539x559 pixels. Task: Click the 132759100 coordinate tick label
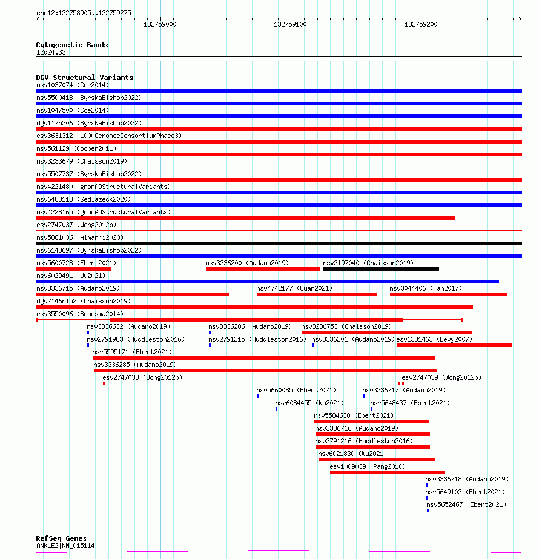290,25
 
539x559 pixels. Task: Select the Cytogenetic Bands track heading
71,45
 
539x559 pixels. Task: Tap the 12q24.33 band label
51,52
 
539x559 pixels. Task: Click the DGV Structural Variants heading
84,78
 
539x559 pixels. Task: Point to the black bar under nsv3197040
381,269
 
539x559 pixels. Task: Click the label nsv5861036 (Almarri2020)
80,237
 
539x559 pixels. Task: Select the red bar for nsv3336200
263,269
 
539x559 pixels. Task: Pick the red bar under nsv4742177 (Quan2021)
316,294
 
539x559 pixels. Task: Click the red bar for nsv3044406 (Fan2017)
448,294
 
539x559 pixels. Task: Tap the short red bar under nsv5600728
73,269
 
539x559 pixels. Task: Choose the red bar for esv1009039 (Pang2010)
387,472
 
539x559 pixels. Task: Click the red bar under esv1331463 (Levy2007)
454,345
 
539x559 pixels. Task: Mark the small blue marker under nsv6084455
277,409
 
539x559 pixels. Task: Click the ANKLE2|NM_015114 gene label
65,546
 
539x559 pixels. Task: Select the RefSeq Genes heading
61,538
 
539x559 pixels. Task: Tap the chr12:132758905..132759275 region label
84,13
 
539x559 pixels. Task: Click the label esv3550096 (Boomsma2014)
80,314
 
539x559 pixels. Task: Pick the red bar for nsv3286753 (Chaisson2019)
386,332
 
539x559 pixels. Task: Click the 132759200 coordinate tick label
421,25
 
